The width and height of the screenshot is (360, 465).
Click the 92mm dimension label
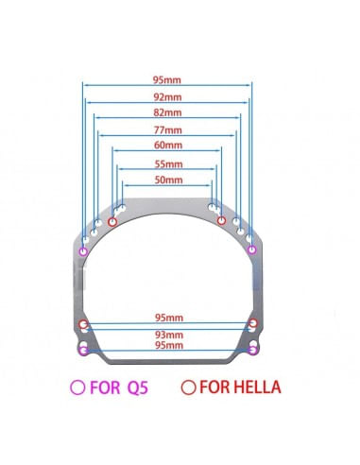point(167,97)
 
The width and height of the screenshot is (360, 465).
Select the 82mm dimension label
point(167,112)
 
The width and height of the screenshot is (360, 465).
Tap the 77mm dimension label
point(168,129)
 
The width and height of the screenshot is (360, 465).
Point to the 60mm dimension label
point(168,146)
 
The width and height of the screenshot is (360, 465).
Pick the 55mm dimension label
point(168,164)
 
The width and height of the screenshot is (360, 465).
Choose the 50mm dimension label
point(168,180)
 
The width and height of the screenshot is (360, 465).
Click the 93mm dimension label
point(169,335)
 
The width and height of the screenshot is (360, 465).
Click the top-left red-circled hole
point(112,222)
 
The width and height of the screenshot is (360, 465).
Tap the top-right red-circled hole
point(221,220)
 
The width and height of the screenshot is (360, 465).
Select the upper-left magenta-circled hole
point(83,251)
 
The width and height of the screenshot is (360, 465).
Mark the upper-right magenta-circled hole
point(251,250)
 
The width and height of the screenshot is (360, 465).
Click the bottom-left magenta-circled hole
point(83,350)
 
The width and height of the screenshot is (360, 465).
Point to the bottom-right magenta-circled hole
point(253,350)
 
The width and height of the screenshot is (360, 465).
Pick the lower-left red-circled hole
point(83,324)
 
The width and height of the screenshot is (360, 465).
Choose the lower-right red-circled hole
point(253,323)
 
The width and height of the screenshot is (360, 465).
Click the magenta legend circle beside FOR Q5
point(77,387)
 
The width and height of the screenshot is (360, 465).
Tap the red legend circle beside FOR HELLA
point(189,387)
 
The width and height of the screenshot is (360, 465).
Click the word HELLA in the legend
point(257,387)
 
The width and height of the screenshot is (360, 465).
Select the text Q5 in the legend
point(138,387)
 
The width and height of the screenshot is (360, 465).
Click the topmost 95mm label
point(167,80)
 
